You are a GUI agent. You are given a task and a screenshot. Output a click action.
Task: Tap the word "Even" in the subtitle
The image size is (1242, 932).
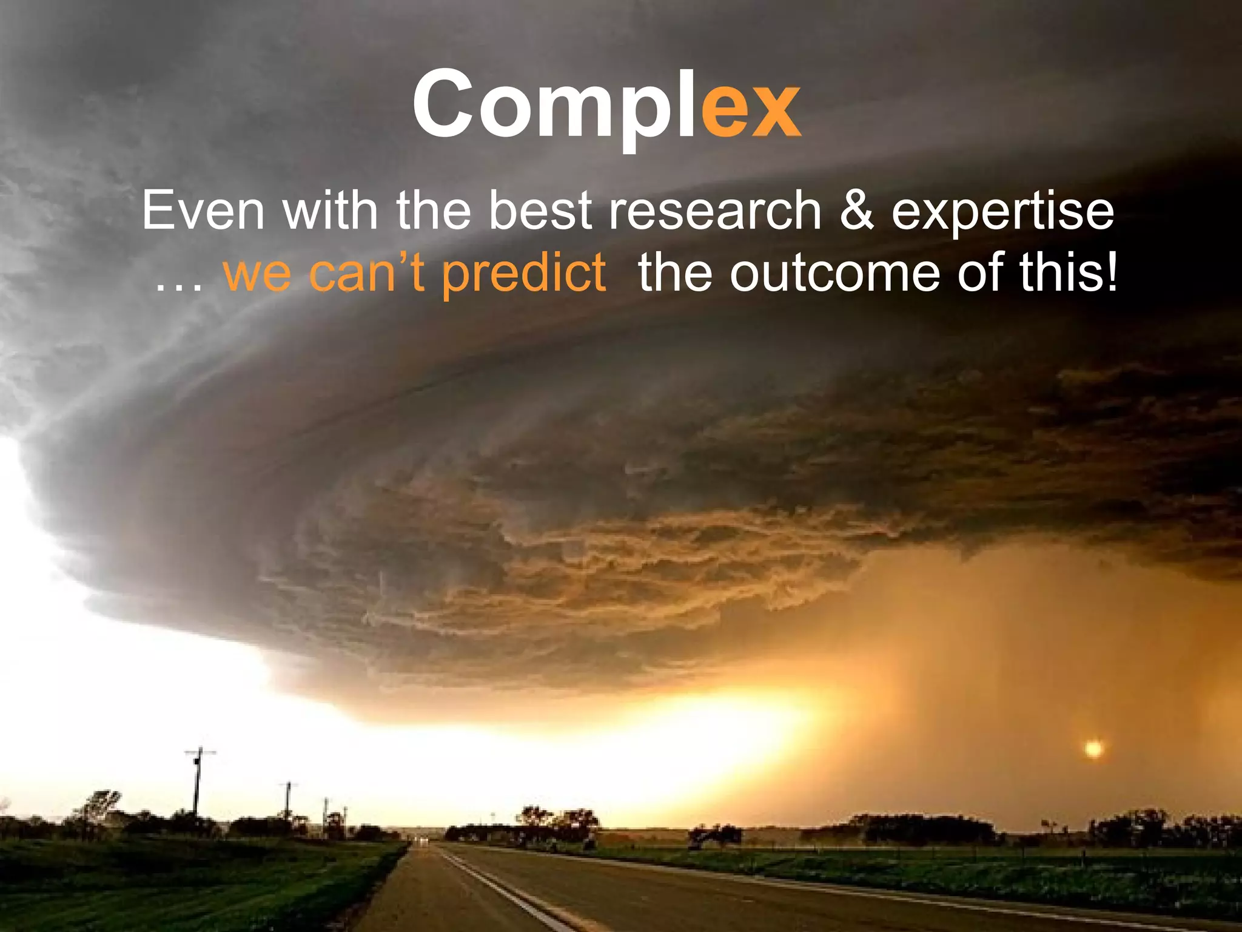[203, 211]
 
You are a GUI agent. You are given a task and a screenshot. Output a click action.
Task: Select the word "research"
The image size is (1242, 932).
[715, 211]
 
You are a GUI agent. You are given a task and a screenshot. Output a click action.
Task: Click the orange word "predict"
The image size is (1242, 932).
[523, 274]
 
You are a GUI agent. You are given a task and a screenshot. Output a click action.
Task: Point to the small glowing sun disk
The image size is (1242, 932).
[1093, 749]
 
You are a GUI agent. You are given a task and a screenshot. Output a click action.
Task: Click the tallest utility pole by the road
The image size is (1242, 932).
[198, 783]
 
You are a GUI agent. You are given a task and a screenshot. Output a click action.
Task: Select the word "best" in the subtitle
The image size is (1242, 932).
[540, 211]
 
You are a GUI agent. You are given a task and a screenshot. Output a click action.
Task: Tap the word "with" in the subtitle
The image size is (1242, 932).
[331, 211]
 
